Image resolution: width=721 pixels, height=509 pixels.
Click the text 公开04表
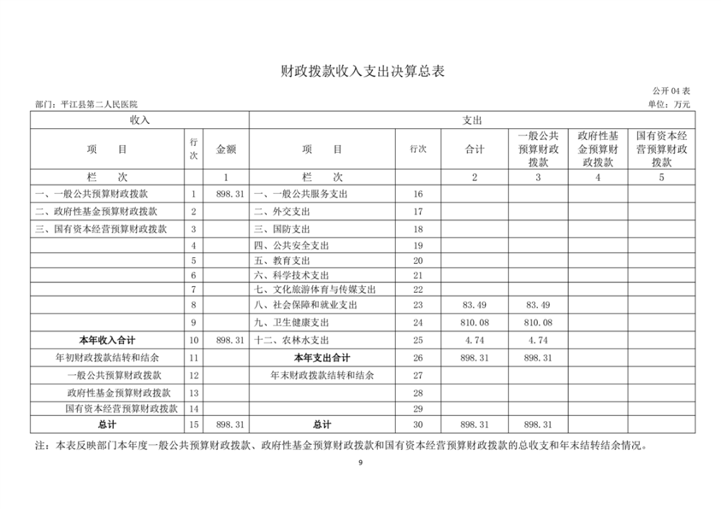671,91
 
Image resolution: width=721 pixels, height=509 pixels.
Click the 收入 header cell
139,120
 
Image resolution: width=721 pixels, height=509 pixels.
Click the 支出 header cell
472,120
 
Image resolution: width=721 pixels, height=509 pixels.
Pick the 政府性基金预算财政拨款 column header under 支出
598,149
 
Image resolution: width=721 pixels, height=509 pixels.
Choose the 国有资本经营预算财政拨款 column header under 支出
661,149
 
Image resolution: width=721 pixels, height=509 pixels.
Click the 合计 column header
474,149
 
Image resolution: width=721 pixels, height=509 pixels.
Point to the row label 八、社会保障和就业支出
311,305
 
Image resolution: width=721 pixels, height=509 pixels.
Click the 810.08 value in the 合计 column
474,322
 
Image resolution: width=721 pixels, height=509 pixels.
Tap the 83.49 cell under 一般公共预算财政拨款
538,305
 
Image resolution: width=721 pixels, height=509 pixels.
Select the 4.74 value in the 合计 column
474,340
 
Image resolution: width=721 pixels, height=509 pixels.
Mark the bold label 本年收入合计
107,340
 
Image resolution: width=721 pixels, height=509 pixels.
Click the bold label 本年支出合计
322,358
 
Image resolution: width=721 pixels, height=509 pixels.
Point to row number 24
418,322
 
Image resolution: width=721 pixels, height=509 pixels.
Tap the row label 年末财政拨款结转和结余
322,375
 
